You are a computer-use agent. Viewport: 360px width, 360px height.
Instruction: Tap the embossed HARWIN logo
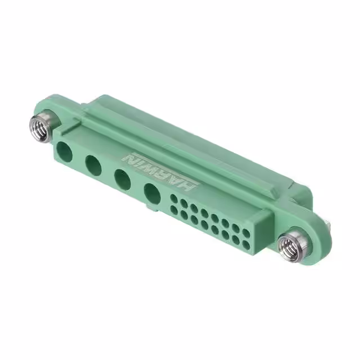[x=161, y=170]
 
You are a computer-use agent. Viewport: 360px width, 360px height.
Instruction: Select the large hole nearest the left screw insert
[x=65, y=152]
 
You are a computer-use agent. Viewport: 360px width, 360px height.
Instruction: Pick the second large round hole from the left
[x=93, y=166]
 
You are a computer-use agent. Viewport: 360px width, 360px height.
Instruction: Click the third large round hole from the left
[x=123, y=180]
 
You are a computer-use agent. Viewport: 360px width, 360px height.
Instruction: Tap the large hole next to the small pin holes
[x=152, y=194]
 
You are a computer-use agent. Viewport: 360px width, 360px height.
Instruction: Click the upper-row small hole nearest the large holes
[x=174, y=199]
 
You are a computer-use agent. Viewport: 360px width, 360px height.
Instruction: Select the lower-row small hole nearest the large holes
[x=174, y=210]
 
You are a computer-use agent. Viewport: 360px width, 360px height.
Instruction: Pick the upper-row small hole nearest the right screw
[x=246, y=233]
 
